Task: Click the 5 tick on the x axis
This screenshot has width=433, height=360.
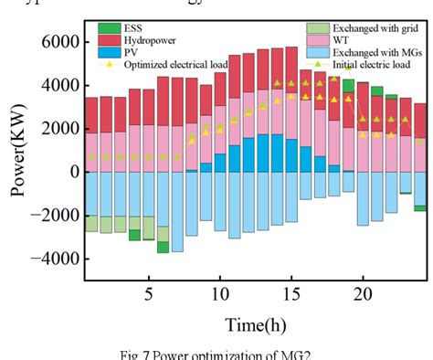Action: coord(149,294)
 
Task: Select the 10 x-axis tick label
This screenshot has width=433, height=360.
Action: coord(219,294)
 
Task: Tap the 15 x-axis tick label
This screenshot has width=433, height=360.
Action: coord(290,294)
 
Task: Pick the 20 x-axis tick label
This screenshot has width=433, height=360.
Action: coord(362,294)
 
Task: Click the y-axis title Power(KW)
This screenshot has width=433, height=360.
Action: coord(19,154)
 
